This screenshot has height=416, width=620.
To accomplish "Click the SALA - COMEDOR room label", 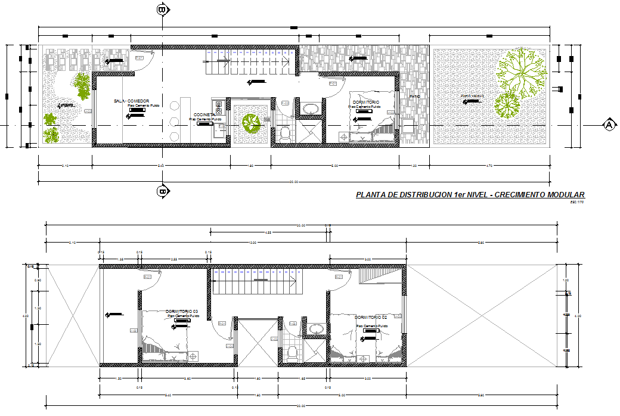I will (132, 101).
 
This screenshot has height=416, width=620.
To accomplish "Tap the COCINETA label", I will (204, 115).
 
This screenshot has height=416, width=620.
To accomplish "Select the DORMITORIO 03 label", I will (182, 312).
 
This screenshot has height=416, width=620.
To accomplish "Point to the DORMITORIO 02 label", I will (371, 317).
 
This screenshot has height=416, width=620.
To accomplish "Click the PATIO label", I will (414, 97).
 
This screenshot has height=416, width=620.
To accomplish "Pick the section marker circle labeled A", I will (609, 125).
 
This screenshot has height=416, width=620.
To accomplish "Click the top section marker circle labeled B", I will (162, 9).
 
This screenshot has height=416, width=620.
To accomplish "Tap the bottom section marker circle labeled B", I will (162, 191).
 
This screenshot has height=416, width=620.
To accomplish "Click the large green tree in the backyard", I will (522, 72).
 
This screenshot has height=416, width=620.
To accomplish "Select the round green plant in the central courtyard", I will (250, 123).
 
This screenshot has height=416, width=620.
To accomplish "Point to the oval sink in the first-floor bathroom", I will (311, 108).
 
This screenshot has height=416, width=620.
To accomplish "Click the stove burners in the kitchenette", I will (219, 107).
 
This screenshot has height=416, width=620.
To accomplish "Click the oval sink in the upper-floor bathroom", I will (314, 328).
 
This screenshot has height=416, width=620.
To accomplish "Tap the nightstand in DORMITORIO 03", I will (193, 356).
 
